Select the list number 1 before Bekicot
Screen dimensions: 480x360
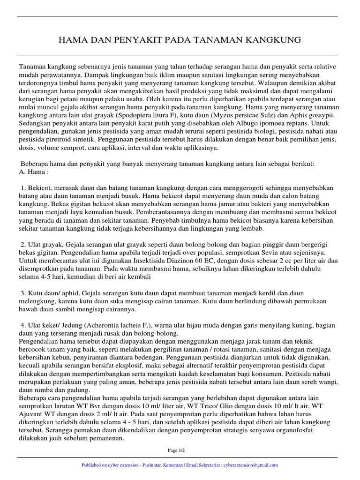[x=22, y=187]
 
